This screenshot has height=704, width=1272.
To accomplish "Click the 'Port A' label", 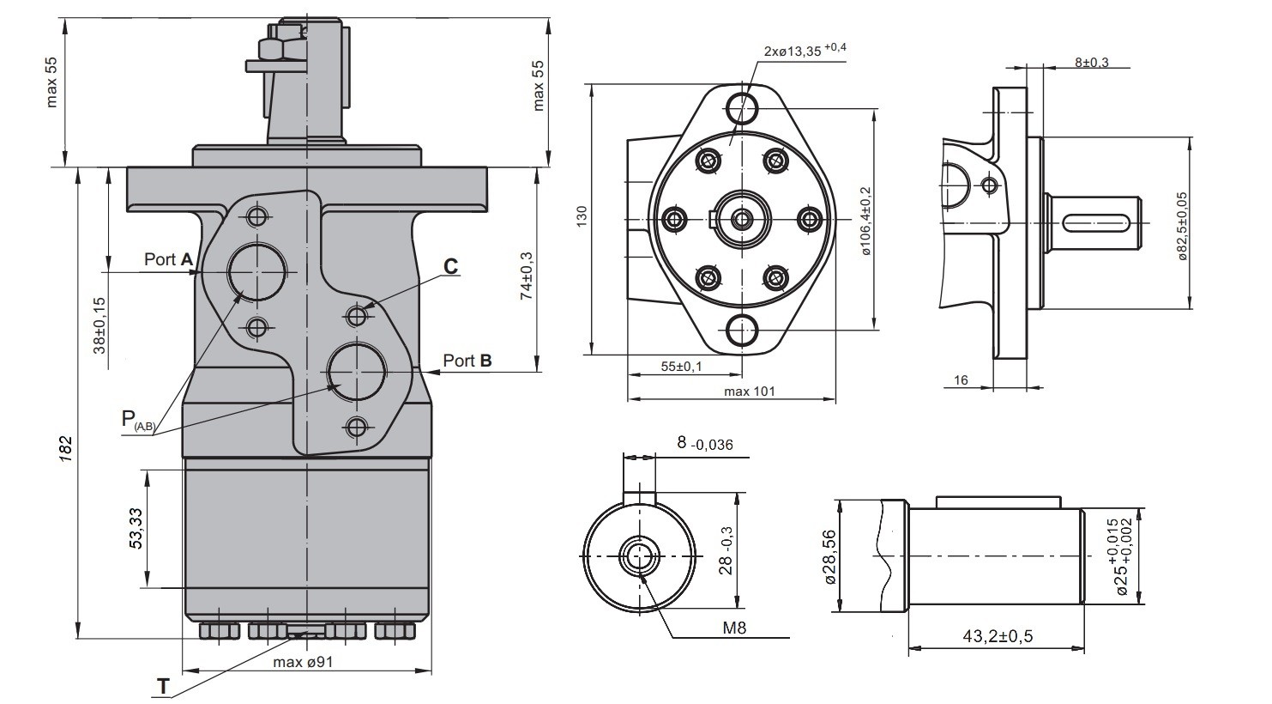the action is [x=169, y=259].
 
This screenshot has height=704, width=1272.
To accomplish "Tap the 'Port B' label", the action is [x=467, y=361].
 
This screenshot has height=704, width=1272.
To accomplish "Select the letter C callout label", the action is [x=450, y=266].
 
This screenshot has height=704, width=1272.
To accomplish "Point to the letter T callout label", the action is [x=164, y=687].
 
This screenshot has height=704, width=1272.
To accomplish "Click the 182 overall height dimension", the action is [x=66, y=448].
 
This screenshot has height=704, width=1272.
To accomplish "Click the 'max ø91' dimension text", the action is [x=303, y=662].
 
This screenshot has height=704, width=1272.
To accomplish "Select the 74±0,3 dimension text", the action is [x=527, y=276].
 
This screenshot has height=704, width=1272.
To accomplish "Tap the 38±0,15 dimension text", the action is [x=100, y=325].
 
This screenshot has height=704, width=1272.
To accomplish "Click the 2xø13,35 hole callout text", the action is [x=805, y=50].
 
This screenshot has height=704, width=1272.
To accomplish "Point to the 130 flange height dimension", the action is [x=582, y=217].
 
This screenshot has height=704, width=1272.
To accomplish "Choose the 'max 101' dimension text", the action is [x=749, y=391].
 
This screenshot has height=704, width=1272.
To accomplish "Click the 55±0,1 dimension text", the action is [x=681, y=367].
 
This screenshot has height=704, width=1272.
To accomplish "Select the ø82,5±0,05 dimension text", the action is [x=1182, y=226].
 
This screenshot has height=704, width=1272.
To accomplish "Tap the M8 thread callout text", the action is [x=734, y=628].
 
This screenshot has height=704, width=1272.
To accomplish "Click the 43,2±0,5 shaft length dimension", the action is [x=998, y=636].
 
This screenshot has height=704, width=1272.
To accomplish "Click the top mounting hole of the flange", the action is [x=742, y=108].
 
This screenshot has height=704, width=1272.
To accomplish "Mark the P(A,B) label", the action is [x=138, y=421].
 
